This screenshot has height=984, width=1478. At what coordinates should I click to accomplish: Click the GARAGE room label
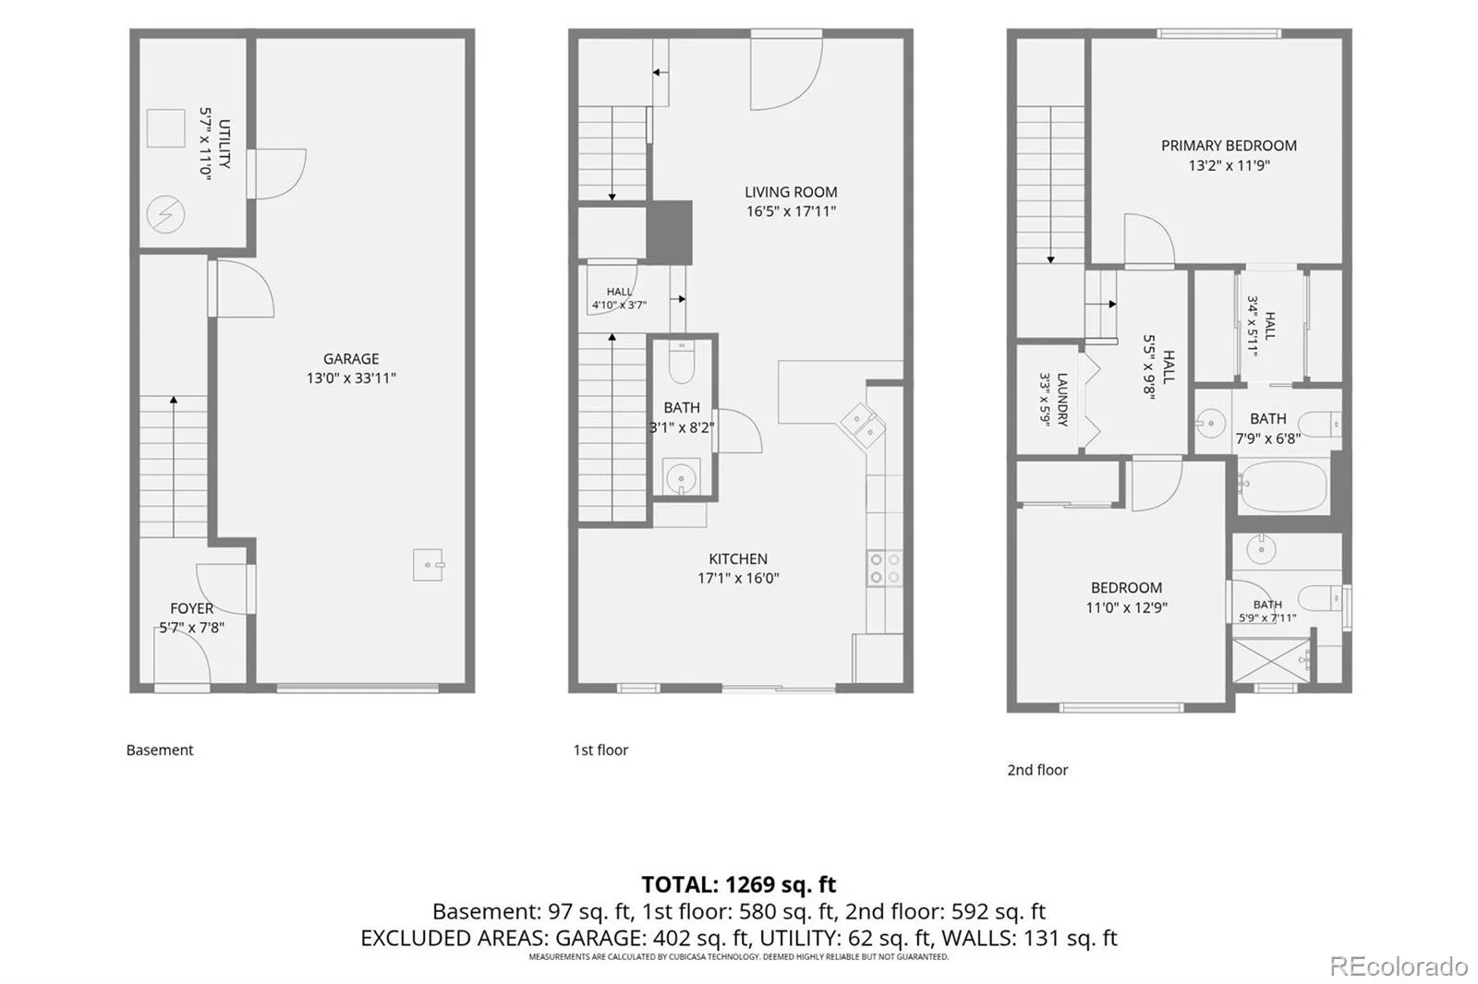350,359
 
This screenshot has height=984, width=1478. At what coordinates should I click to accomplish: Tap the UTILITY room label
224,144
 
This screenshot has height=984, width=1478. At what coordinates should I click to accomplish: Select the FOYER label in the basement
191,608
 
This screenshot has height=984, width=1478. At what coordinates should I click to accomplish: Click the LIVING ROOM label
791,192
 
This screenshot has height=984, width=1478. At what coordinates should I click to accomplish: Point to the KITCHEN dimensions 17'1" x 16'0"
738,578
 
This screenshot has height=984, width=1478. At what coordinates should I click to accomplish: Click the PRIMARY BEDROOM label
1229,145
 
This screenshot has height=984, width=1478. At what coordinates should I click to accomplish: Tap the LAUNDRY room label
1062,400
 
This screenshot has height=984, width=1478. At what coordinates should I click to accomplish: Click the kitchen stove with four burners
884,569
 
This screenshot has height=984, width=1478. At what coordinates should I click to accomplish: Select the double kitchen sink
863,426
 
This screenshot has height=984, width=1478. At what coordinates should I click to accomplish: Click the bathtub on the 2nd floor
1282,486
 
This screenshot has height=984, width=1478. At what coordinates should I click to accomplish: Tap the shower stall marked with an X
1271,660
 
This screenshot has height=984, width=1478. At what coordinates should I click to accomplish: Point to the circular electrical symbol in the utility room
165,214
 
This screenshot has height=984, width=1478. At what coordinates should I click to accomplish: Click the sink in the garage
429,565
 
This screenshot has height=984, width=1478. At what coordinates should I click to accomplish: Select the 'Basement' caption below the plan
160,750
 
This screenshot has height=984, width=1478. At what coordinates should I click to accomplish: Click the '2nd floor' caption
1037,770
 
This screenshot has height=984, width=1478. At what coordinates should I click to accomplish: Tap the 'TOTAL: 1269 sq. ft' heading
738,883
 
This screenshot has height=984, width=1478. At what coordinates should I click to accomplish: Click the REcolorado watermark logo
1399,966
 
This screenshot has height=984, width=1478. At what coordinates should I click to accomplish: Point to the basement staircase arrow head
174,400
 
